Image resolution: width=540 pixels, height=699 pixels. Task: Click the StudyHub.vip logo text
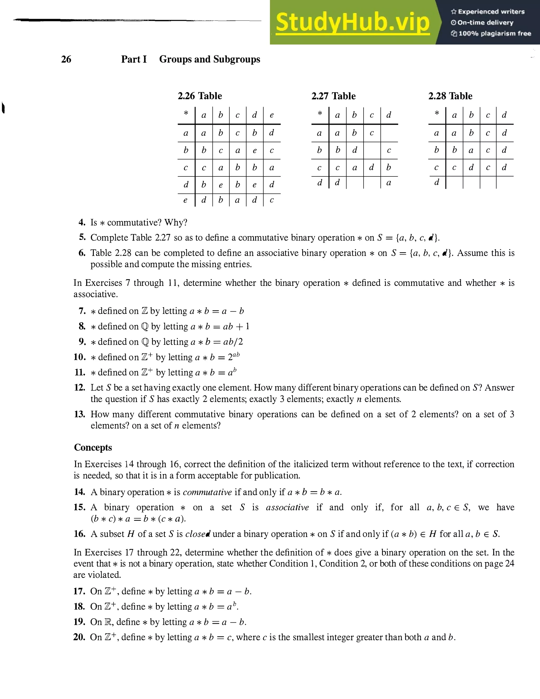click(353, 22)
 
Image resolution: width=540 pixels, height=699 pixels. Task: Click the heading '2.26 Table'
click(200, 96)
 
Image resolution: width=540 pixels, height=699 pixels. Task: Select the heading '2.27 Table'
click(333, 96)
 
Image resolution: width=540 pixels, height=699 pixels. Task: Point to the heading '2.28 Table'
click(450, 96)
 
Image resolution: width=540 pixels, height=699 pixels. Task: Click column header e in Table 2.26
click(272, 115)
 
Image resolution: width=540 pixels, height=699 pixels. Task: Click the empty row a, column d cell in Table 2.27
click(389, 133)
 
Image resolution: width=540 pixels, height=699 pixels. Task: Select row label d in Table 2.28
click(436, 183)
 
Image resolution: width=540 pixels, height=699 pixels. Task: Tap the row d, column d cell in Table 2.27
click(389, 183)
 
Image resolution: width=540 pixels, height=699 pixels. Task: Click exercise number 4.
click(82, 222)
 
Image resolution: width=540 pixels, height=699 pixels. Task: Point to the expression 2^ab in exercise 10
click(234, 357)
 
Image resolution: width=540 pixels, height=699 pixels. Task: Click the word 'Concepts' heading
click(93, 447)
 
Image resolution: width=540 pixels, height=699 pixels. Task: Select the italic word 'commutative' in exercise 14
click(207, 492)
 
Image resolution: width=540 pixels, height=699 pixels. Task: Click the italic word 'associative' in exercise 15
click(287, 507)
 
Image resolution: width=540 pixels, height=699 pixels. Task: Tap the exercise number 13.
click(80, 414)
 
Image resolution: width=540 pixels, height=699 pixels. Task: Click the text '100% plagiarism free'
click(495, 33)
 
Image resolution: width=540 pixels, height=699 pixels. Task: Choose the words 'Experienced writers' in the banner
click(491, 12)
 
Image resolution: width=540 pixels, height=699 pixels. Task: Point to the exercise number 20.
click(79, 637)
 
